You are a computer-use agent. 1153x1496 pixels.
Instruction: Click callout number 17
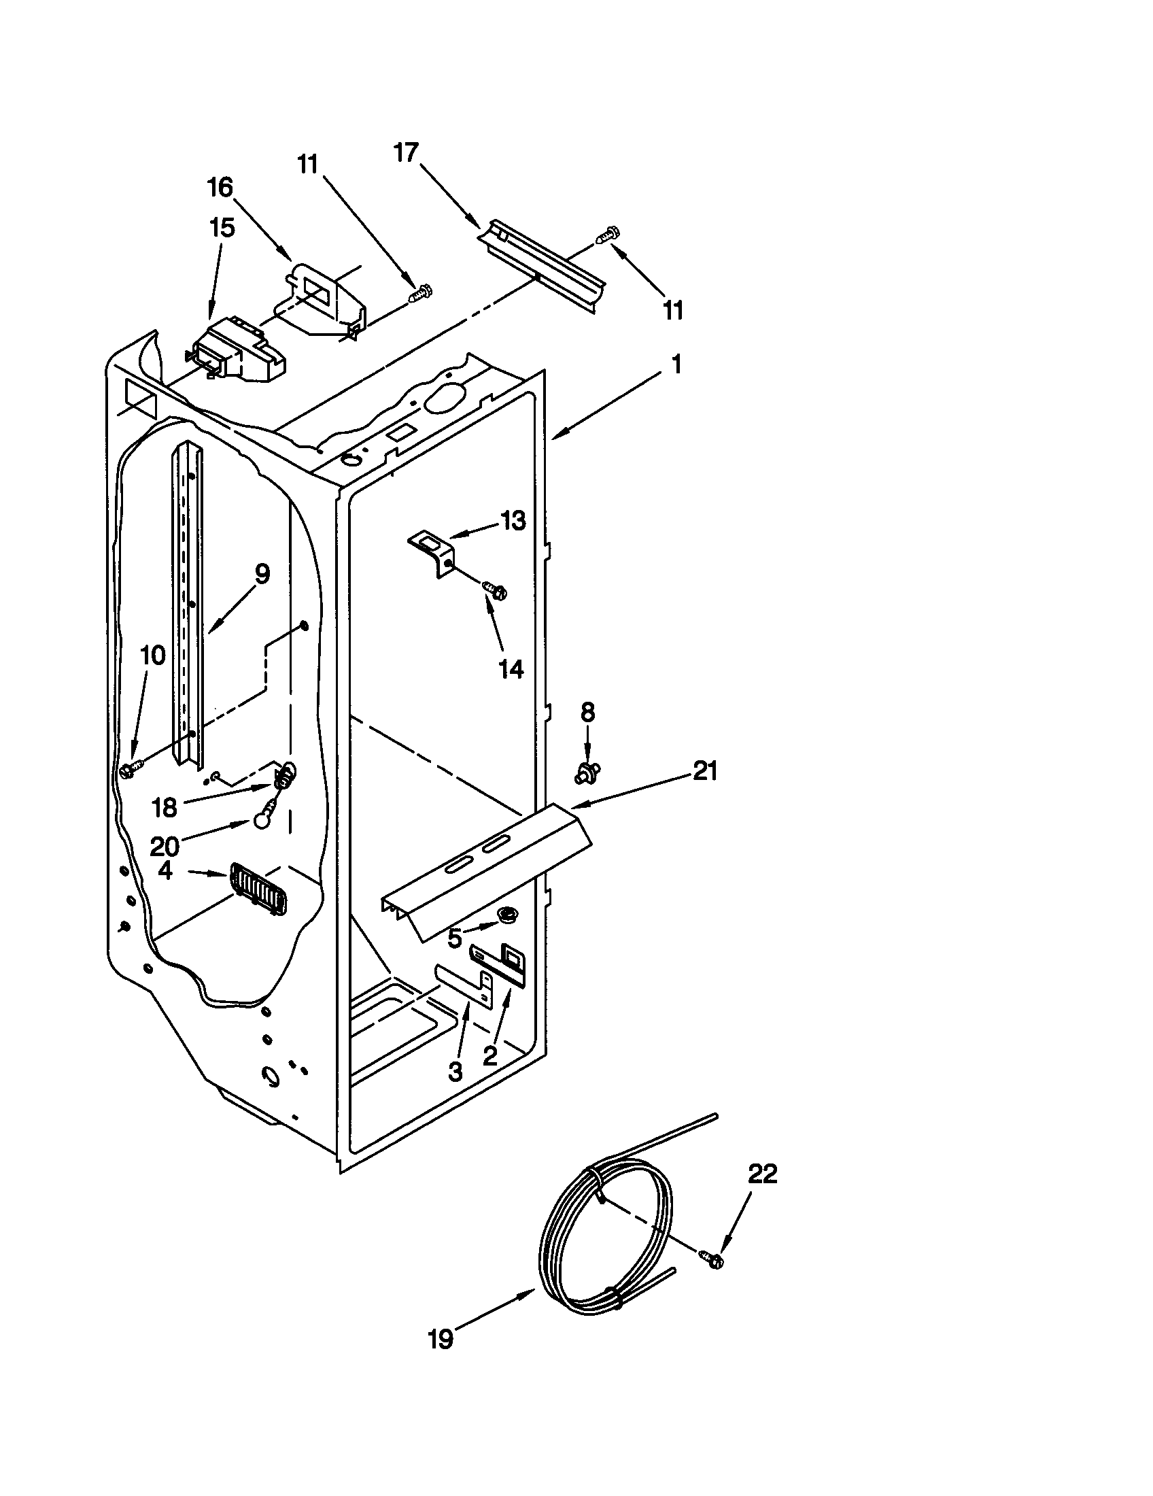point(406,152)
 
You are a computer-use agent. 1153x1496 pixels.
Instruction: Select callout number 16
point(220,187)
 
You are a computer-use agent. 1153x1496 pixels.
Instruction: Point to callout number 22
point(763,1174)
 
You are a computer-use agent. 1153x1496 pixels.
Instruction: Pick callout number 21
point(705,772)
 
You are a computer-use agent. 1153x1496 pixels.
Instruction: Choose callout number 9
point(262,573)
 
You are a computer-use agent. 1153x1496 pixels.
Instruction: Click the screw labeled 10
point(130,771)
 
